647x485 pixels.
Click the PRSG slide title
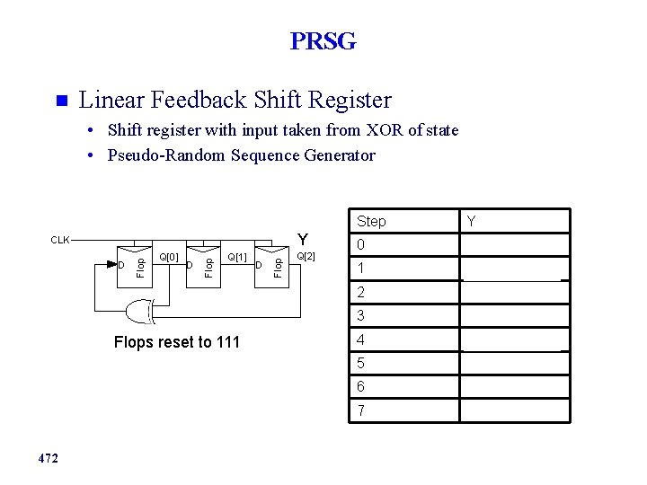click(323, 41)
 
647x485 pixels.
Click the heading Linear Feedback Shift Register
click(235, 99)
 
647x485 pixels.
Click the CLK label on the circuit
click(60, 240)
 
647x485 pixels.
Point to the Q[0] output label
click(169, 257)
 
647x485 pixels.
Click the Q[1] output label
click(236, 257)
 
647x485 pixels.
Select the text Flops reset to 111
click(177, 341)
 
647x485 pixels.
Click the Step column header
click(371, 221)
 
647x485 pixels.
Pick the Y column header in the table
click(472, 221)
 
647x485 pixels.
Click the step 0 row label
click(360, 245)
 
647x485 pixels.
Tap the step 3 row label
click(360, 316)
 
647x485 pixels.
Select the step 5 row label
click(360, 364)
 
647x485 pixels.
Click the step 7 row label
click(360, 410)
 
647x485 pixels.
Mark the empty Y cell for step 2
click(515, 293)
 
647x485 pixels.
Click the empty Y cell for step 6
click(515, 387)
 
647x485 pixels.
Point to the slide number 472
click(49, 459)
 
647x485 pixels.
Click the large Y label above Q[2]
click(304, 239)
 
